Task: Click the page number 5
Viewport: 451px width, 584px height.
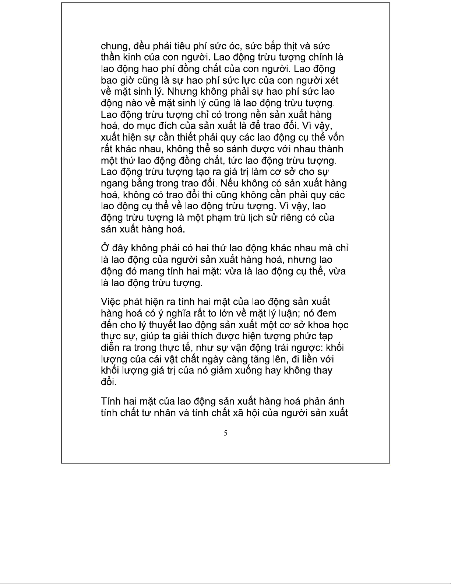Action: pos(225,433)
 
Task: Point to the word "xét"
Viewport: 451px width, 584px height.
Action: pos(330,80)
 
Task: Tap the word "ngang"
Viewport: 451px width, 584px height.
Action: pos(114,183)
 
